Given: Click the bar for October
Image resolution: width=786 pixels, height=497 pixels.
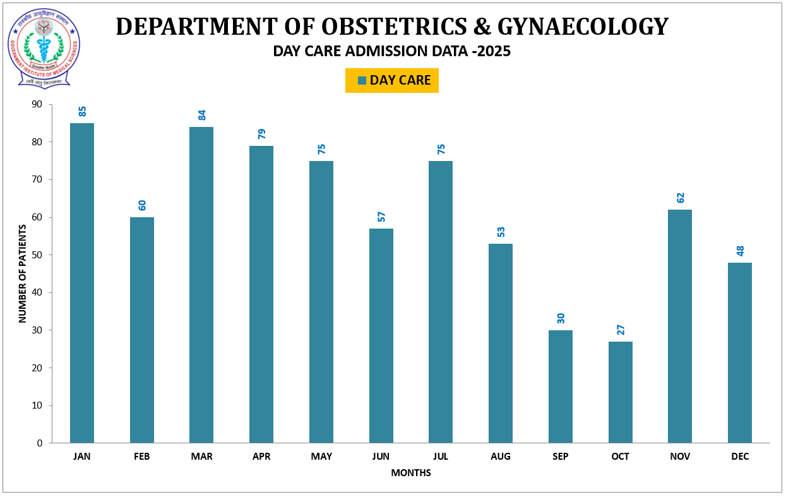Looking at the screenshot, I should [620, 392].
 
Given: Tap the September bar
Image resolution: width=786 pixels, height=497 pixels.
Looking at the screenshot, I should [561, 386].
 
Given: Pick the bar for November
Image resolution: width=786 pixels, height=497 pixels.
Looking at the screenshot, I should [680, 326].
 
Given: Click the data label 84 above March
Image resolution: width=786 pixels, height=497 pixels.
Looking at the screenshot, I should [202, 115].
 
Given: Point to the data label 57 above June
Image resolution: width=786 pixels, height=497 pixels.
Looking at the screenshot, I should [381, 217].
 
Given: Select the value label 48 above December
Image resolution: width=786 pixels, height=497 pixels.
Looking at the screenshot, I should [740, 251].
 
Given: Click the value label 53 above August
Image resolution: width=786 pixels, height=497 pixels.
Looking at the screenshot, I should [501, 232].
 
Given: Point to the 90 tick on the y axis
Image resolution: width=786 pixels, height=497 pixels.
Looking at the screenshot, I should [37, 104].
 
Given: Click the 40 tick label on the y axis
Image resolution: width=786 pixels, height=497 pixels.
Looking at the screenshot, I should [37, 292].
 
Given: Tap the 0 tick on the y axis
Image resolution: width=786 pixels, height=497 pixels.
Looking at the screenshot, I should [40, 443].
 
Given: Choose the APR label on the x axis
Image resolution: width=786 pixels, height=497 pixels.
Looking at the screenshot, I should [261, 457].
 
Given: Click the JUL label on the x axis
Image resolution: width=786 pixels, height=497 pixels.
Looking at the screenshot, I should [441, 457].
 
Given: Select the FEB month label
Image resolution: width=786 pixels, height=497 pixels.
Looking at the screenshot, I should [142, 457].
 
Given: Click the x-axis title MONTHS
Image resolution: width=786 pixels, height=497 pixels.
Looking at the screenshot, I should [411, 472].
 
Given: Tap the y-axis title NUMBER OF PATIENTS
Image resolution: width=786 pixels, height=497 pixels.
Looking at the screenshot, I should [23, 273].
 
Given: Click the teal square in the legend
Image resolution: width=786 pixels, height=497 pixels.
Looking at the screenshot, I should [362, 80].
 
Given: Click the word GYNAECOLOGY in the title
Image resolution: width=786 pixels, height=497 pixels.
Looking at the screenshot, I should [583, 27].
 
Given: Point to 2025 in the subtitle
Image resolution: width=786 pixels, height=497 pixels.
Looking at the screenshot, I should [494, 52].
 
